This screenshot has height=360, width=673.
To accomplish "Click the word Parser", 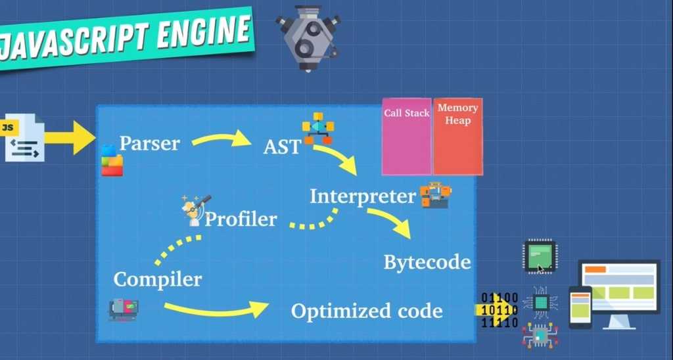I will coord(149,143).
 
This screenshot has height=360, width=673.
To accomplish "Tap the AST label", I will coord(281,146).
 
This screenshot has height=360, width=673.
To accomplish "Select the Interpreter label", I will coord(363,196).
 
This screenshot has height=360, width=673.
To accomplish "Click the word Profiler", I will coord(241,219).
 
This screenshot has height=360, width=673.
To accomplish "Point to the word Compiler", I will coord(157,279).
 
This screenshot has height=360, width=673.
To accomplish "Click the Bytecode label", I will coord(427,262).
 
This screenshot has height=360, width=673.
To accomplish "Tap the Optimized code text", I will coord(367,311).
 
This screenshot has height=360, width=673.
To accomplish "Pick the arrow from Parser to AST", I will coord(222,139).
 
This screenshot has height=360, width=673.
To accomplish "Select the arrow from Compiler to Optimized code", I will coord(216,308).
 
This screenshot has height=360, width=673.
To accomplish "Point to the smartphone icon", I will coord(580,307).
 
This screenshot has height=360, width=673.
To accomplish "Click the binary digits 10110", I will coord(499,309).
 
